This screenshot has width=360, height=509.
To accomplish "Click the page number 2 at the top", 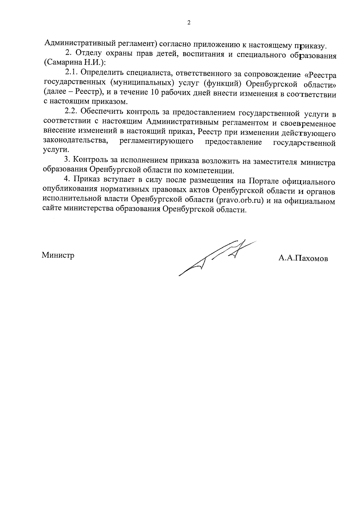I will click(189, 23).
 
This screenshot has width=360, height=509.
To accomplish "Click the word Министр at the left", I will click(58, 255).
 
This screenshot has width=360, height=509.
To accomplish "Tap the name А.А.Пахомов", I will click(303, 258).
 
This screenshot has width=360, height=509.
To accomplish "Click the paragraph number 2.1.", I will click(72, 73).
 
